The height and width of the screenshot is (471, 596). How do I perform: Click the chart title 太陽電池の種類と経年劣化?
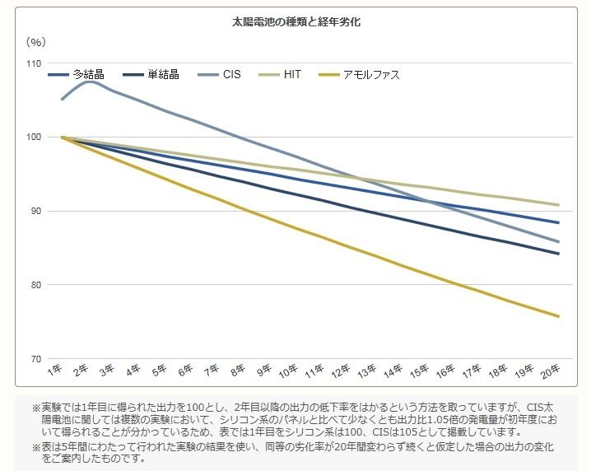(296, 22)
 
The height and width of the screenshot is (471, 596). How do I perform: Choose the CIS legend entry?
(231, 75)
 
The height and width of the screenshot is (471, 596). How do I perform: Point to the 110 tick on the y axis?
(34, 63)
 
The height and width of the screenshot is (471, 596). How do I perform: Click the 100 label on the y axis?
(34, 138)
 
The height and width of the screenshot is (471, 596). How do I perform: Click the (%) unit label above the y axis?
(35, 41)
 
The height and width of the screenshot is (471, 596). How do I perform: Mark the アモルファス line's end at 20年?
(559, 316)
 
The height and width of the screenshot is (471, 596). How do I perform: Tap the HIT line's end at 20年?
(559, 205)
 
